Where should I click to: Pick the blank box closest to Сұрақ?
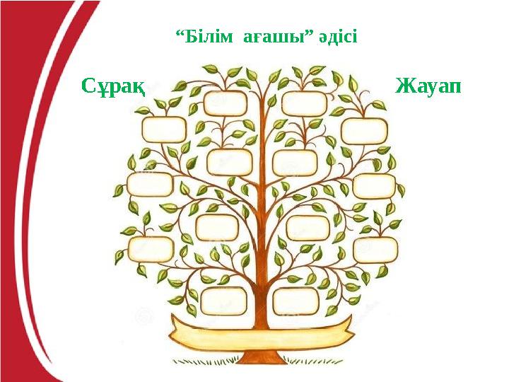pyautogui.click(x=164, y=129)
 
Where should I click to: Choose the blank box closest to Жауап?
pyautogui.click(x=364, y=131)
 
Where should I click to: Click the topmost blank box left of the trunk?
pyautogui.click(x=225, y=104)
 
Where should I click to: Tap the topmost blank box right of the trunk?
pyautogui.click(x=305, y=103)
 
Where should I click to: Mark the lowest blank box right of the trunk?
pyautogui.click(x=296, y=301)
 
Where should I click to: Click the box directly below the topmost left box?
pyautogui.click(x=230, y=162)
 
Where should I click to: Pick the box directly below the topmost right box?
pyautogui.click(x=295, y=162)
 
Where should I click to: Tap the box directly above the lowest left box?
pyautogui.click(x=218, y=227)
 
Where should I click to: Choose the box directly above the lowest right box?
pyautogui.click(x=308, y=227)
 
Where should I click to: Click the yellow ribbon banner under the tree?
pyautogui.click(x=262, y=329)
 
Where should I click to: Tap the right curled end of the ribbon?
pyautogui.click(x=346, y=326)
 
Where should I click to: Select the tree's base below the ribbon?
pyautogui.click(x=262, y=354)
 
